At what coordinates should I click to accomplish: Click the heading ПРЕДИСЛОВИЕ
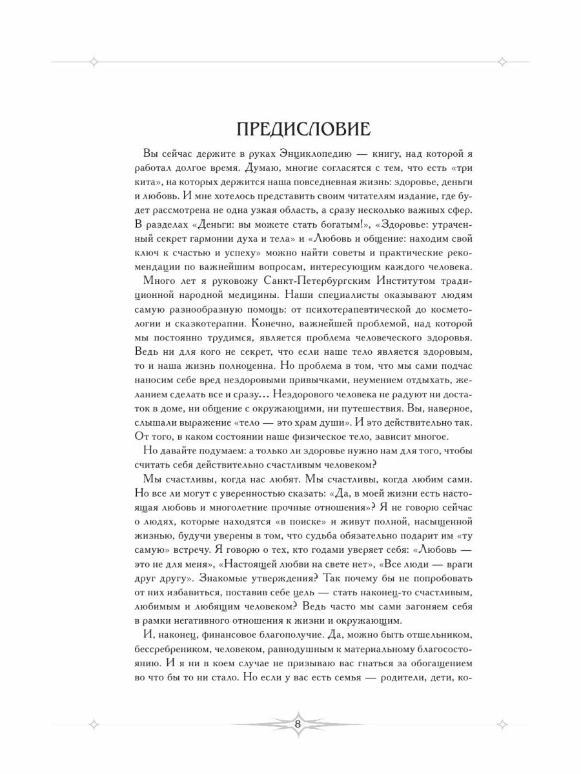click(x=303, y=130)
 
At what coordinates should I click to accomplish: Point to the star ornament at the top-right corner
click(x=503, y=62)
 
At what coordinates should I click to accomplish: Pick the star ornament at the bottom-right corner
click(x=503, y=724)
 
